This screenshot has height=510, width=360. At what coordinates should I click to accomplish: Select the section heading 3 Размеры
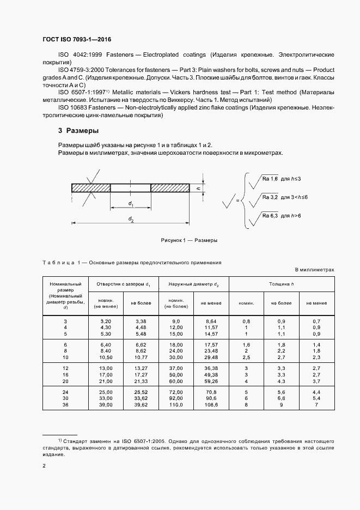78,131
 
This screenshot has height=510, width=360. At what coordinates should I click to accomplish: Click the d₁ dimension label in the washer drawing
131,204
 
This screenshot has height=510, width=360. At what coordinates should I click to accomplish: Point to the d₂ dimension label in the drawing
131,219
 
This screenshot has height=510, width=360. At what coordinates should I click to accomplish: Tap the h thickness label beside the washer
199,188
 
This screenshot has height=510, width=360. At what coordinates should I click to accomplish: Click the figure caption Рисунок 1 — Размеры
189,240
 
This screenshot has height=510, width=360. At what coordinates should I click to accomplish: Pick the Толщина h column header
282,284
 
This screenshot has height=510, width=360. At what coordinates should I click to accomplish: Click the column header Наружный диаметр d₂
193,284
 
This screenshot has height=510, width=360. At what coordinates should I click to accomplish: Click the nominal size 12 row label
65,368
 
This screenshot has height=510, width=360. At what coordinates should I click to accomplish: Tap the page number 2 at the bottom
44,466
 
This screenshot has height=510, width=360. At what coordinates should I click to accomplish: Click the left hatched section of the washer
90,188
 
